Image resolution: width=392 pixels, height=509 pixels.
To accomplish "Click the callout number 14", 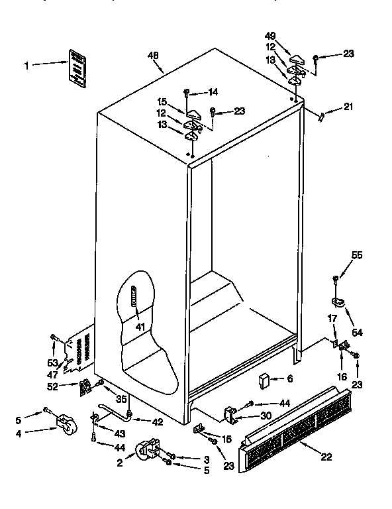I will [213, 91].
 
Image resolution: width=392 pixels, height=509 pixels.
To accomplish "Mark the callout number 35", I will [121, 399].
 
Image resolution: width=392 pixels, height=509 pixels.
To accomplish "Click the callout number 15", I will [162, 101].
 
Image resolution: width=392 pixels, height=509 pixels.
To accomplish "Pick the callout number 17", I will [333, 318].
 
